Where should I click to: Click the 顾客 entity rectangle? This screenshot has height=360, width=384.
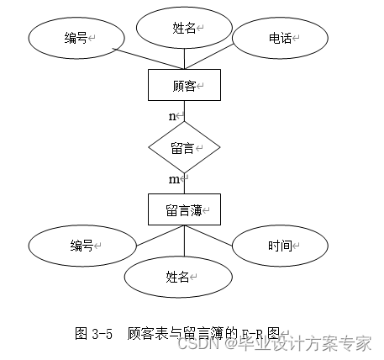click(x=184, y=86)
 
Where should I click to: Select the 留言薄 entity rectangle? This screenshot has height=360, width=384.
click(x=184, y=209)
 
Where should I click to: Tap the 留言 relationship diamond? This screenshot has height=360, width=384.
click(x=184, y=148)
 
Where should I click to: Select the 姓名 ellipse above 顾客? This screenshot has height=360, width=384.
click(x=183, y=28)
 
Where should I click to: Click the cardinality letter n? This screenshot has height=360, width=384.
click(x=172, y=115)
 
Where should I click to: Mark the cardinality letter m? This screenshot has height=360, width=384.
click(x=173, y=179)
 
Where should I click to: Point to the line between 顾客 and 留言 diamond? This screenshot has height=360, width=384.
click(x=184, y=112)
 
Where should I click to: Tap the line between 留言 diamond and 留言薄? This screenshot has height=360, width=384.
click(x=184, y=183)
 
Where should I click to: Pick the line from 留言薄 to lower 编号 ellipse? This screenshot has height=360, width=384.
click(x=143, y=235)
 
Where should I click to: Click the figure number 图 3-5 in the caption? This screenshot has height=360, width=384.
click(x=94, y=333)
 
